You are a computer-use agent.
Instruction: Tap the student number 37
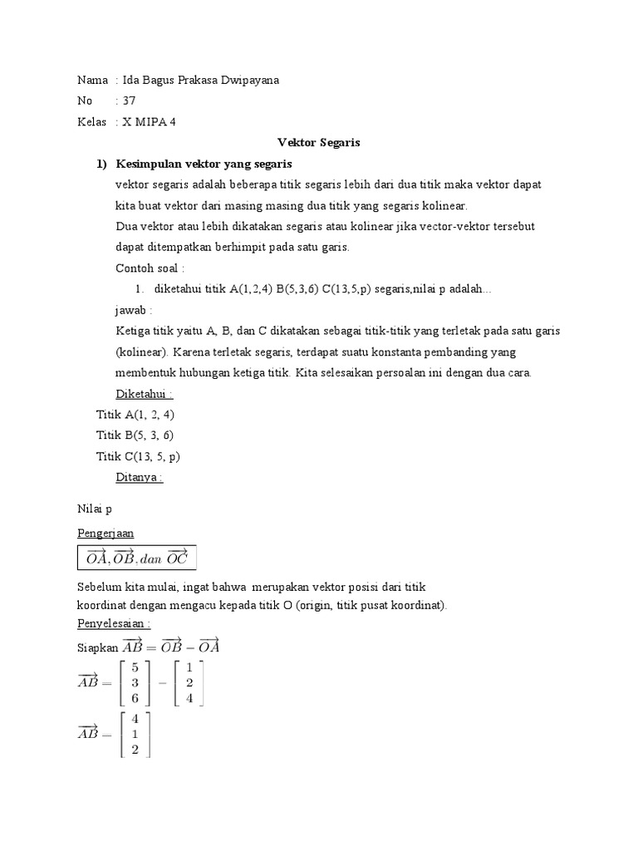pyautogui.click(x=129, y=101)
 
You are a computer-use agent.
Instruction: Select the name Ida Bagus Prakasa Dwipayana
pyautogui.click(x=201, y=81)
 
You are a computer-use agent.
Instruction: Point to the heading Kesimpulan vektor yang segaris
pyautogui.click(x=204, y=163)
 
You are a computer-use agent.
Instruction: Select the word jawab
pyautogui.click(x=134, y=309)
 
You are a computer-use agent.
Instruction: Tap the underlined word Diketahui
pyautogui.click(x=143, y=393)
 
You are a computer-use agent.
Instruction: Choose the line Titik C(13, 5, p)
pyautogui.click(x=138, y=456)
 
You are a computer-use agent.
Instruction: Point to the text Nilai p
pyautogui.click(x=94, y=506)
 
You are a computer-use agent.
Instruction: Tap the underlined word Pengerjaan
pyautogui.click(x=106, y=533)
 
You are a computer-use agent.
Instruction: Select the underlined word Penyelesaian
pyautogui.click(x=114, y=622)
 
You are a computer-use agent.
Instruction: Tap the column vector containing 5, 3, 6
pyautogui.click(x=134, y=682)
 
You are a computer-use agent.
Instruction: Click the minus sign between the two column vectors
pyautogui.click(x=162, y=682)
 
